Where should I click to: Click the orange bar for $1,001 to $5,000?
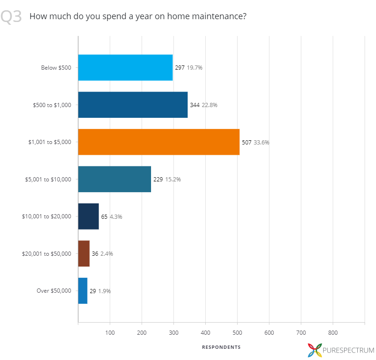pyautogui.click(x=159, y=142)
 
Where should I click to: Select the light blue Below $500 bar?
pyautogui.click(x=125, y=68)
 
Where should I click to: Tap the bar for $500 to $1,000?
pyautogui.click(x=133, y=105)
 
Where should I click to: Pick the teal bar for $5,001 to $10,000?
pyautogui.click(x=115, y=179)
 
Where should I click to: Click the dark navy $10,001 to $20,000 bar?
pyautogui.click(x=88, y=216)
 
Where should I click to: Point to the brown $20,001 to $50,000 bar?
pyautogui.click(x=84, y=253)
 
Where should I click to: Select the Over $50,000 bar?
pyautogui.click(x=83, y=291)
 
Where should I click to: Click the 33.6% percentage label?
pyautogui.click(x=261, y=143)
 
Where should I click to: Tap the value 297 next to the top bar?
pyautogui.click(x=180, y=68)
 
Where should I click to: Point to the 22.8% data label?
pyautogui.click(x=210, y=105)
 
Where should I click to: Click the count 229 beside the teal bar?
pyautogui.click(x=158, y=180)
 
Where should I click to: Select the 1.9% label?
pyautogui.click(x=104, y=291)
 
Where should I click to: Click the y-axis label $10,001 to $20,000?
pyautogui.click(x=47, y=216)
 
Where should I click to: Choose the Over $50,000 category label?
pyautogui.click(x=54, y=291)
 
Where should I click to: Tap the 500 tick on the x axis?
pyautogui.click(x=237, y=333)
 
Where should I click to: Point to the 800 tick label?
pyautogui.click(x=333, y=333)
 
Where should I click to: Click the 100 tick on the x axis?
pyautogui.click(x=110, y=333)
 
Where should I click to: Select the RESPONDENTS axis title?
pyautogui.click(x=221, y=347)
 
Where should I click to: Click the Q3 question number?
pyautogui.click(x=11, y=16)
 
